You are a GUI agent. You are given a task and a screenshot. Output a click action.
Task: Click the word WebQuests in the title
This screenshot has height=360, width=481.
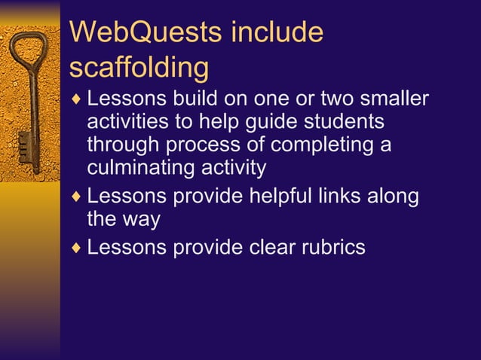coord(145,33)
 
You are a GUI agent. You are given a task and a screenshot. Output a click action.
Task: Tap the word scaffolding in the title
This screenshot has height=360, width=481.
coord(139,67)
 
